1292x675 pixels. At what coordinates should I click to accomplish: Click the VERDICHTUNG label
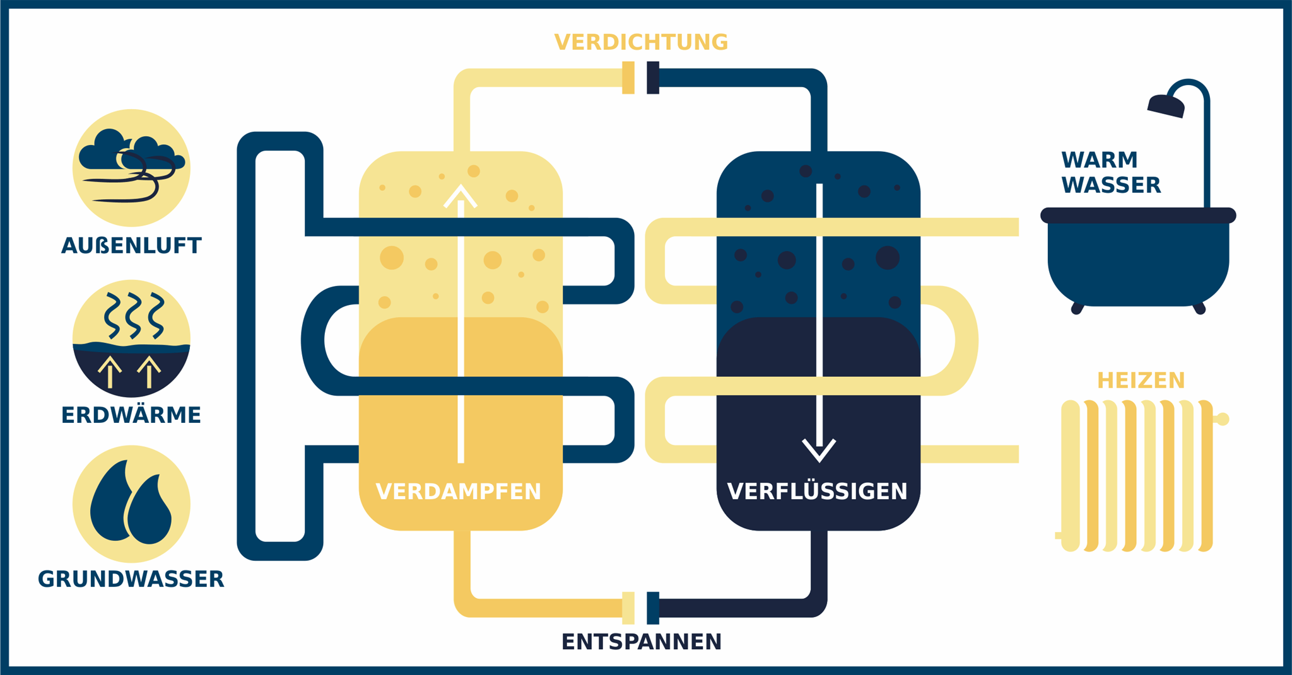tap(641, 42)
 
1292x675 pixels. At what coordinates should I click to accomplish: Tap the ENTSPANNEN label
tap(641, 642)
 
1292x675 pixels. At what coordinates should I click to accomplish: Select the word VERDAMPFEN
tap(458, 492)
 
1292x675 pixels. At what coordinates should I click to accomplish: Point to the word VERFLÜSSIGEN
tap(817, 492)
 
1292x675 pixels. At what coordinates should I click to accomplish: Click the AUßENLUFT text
tap(131, 246)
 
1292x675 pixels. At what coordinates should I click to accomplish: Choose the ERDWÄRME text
tap(131, 415)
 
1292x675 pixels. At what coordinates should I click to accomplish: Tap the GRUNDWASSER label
tap(131, 579)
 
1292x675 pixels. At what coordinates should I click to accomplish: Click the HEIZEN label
tap(1141, 381)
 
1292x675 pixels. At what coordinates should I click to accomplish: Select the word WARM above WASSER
tap(1099, 160)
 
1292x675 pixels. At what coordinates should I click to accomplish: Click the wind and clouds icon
tap(131, 168)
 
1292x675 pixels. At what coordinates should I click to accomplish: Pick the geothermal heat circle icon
tap(131, 338)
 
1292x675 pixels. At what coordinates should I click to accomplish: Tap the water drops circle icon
tap(131, 504)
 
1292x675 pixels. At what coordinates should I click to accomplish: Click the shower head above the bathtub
tap(1166, 105)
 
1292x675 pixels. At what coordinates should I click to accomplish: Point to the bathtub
tap(1137, 258)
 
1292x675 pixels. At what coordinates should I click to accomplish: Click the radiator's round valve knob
tap(1223, 419)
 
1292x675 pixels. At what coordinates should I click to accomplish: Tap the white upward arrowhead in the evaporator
tap(461, 196)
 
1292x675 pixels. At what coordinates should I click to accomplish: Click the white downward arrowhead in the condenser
tap(819, 449)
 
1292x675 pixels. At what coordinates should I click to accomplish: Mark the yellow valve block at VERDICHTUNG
tap(628, 78)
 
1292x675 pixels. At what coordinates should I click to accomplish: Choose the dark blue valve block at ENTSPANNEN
tap(653, 608)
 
